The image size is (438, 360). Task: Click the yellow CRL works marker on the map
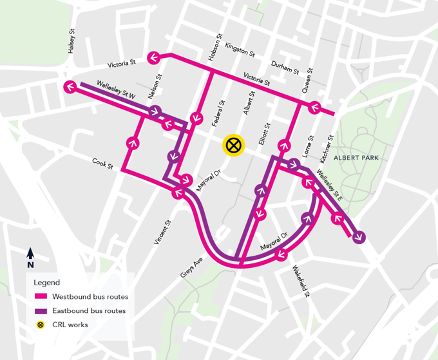[x=233, y=146]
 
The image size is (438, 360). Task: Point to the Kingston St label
[x=240, y=50]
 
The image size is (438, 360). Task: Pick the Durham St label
[x=285, y=66]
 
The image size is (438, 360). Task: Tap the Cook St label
[x=102, y=164]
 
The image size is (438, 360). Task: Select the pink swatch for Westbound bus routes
[x=41, y=297]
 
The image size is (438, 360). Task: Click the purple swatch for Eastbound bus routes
[x=41, y=311]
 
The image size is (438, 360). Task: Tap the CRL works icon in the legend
[x=41, y=325]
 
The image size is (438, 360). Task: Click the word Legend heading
[x=47, y=283]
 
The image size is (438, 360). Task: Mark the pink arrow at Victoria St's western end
[x=155, y=59]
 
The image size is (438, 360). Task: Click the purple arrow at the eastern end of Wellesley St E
[x=359, y=236]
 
